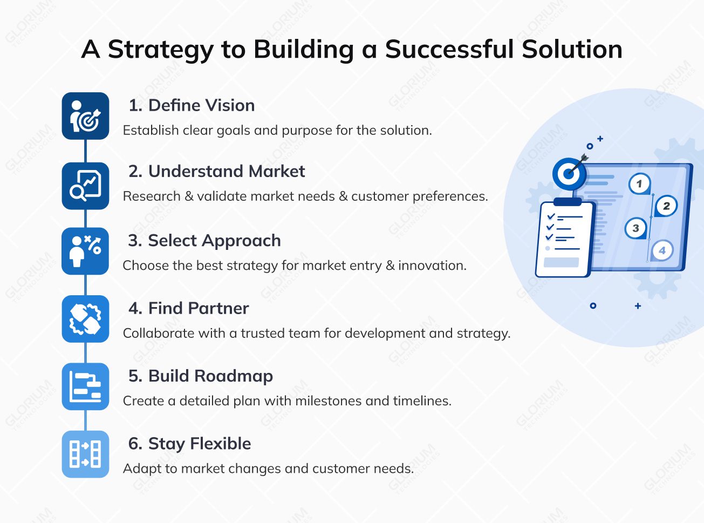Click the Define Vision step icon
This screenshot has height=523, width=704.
(85, 116)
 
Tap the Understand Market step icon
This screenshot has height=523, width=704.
(85, 186)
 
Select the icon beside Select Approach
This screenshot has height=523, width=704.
(85, 252)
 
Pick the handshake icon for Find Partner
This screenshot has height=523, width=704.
(85, 319)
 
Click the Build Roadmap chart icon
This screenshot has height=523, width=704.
(85, 386)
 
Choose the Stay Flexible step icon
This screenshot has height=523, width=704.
(85, 454)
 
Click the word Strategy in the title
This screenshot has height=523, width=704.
(161, 50)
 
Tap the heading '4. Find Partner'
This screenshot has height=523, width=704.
(188, 308)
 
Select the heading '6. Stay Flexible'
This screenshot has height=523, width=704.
(189, 444)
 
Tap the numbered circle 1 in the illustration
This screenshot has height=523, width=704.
(639, 184)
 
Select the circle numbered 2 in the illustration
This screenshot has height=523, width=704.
(666, 206)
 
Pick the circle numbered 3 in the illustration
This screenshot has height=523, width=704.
(635, 228)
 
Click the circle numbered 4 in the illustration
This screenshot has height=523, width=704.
(662, 250)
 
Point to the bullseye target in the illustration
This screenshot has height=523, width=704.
(569, 174)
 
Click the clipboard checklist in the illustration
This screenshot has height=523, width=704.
(564, 239)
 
